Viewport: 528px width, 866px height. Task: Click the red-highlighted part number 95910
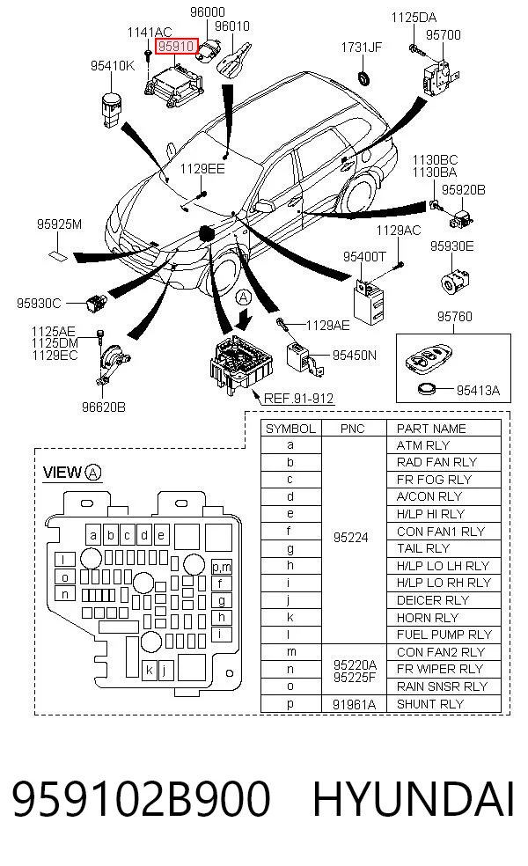176,47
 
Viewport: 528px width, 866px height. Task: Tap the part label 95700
443,35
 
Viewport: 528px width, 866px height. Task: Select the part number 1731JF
361,48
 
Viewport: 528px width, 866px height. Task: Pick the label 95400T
364,256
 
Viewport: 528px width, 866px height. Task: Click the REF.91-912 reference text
299,398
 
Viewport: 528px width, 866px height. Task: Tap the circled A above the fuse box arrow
243,297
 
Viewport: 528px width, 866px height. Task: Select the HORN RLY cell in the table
428,618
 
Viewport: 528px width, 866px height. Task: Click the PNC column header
352,429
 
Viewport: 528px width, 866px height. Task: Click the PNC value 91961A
354,704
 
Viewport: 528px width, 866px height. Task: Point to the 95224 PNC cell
351,538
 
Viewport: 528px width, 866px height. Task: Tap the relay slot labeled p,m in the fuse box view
222,567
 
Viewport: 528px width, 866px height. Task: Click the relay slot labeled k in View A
149,671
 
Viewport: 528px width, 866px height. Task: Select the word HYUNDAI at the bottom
414,798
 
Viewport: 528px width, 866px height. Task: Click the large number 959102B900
142,798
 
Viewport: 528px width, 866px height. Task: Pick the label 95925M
59,224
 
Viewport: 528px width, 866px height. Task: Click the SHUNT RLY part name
430,704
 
